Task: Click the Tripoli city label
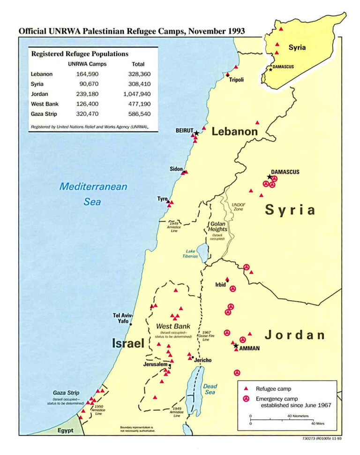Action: [x=236, y=80]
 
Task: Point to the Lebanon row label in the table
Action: [x=42, y=74]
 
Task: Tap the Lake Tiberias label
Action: [x=190, y=254]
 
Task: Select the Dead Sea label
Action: [x=210, y=389]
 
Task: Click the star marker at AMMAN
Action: [x=236, y=346]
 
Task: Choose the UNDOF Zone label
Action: [x=239, y=207]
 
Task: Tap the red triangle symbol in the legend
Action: [x=245, y=389]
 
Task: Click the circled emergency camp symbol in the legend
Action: [x=245, y=399]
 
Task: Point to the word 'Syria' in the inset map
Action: [x=297, y=47]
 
